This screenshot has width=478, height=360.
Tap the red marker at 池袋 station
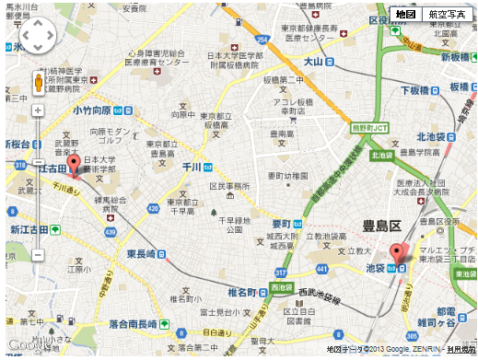[397, 253]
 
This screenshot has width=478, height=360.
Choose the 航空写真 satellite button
[448, 14]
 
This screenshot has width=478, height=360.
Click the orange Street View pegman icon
[38, 83]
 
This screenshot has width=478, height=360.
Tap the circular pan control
[38, 37]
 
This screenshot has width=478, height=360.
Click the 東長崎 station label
[146, 253]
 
